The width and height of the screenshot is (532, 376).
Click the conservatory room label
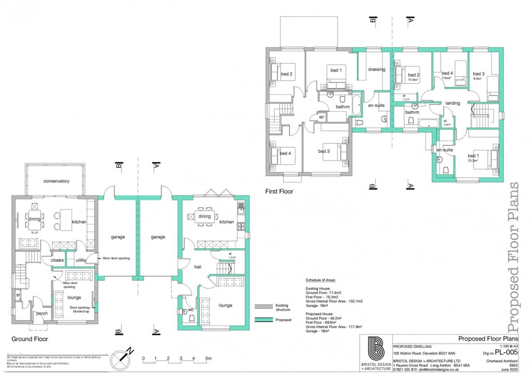pos(56,181)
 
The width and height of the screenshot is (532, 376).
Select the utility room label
pos(81,260)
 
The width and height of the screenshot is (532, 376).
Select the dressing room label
pos(376,69)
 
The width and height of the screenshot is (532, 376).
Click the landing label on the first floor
pos(453,103)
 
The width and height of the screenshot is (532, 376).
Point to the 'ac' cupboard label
pos(321,117)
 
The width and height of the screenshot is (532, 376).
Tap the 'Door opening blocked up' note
pos(81,310)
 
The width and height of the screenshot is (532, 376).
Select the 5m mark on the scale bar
pos(208,359)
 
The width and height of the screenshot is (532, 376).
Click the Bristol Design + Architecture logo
pos(376,348)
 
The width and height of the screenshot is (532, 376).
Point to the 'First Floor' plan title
pos(279,192)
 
